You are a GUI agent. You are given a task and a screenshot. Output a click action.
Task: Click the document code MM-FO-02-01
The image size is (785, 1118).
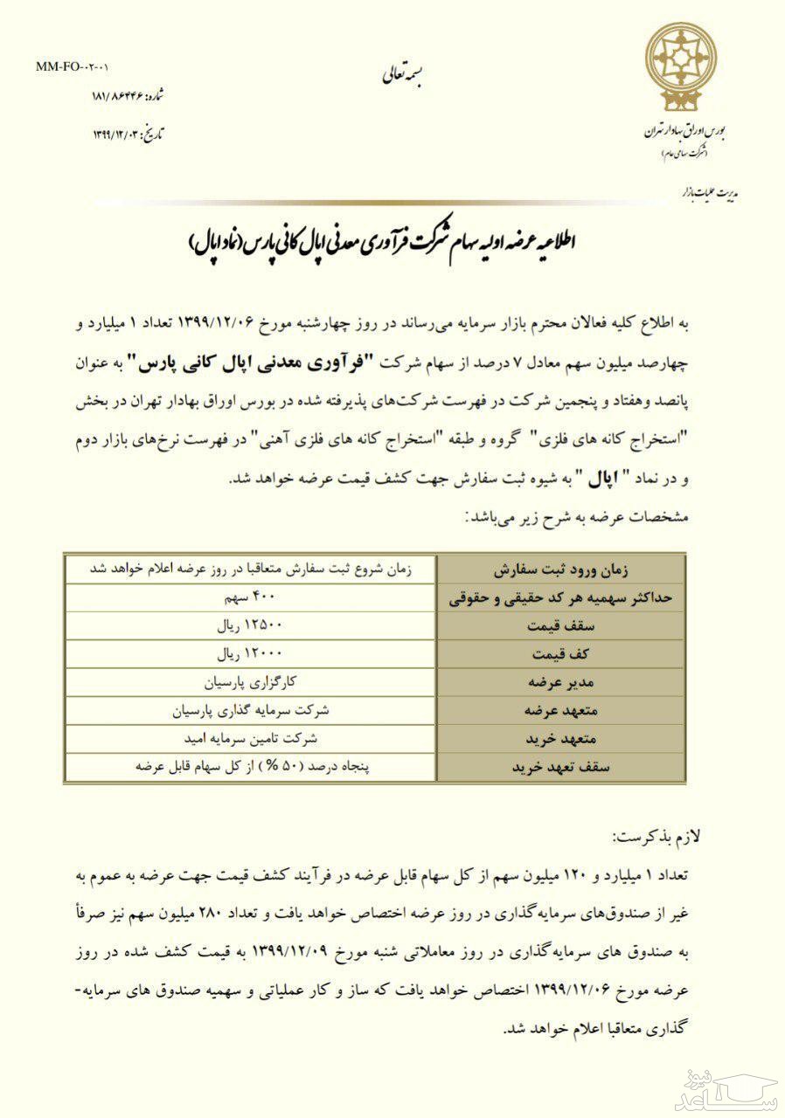click(x=73, y=66)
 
